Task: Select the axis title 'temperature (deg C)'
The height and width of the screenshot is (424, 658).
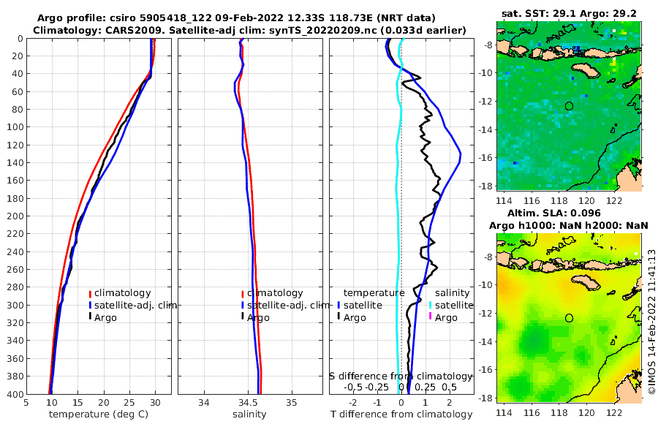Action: (97, 414)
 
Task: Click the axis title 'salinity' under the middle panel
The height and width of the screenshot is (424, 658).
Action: (249, 414)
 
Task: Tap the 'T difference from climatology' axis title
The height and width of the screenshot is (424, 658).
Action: (401, 414)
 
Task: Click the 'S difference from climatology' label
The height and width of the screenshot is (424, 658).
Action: (401, 376)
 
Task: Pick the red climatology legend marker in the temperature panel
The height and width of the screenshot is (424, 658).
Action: (90, 293)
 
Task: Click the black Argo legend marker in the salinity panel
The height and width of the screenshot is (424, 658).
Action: (242, 317)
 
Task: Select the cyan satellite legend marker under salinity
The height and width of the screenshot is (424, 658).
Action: (431, 305)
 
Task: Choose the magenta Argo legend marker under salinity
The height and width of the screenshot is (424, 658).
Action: (431, 317)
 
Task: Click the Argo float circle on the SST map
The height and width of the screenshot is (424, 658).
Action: (569, 106)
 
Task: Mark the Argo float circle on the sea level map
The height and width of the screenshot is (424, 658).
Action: (569, 318)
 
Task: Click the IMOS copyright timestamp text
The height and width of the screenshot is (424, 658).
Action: (650, 322)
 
